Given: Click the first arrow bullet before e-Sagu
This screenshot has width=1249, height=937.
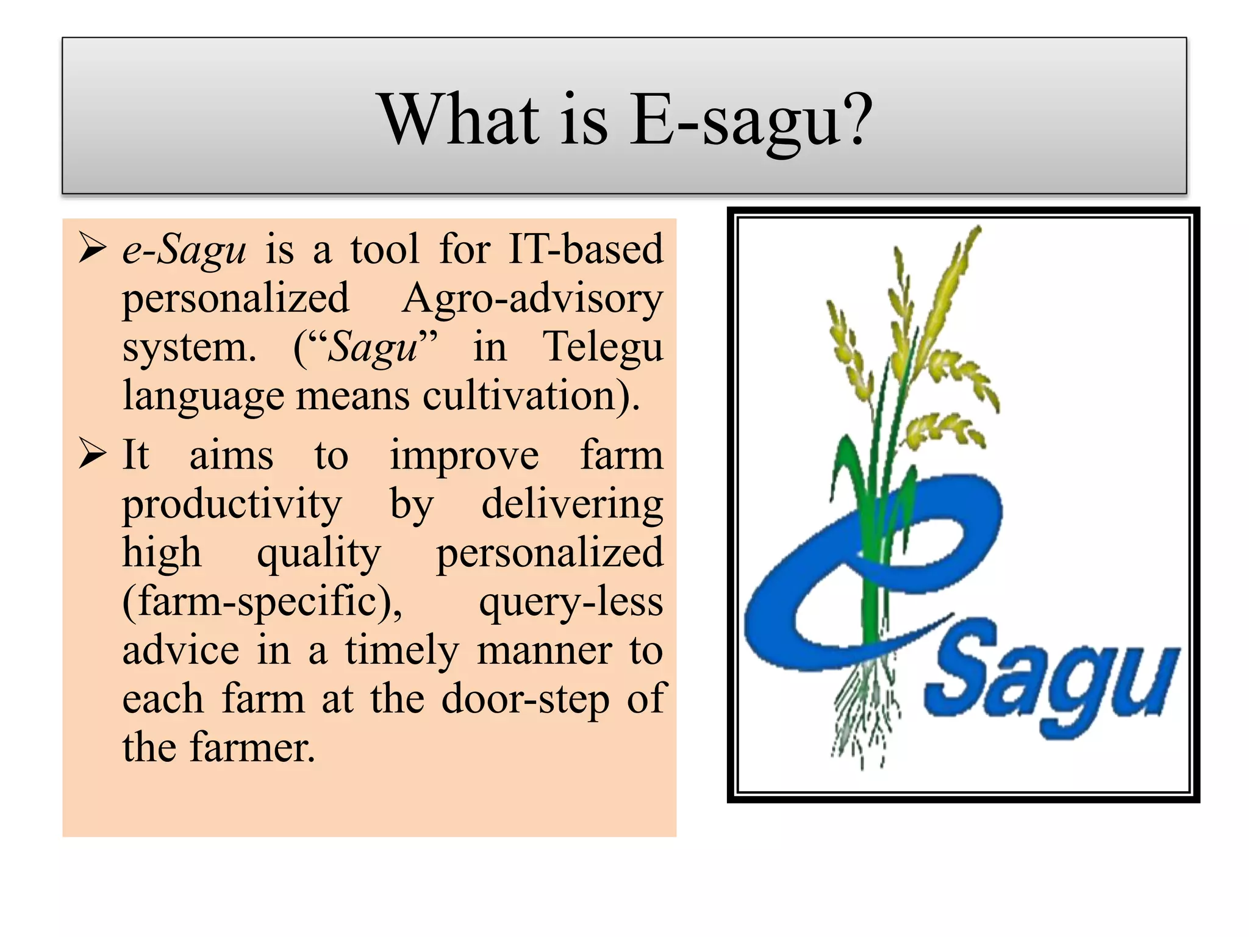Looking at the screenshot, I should (x=93, y=249).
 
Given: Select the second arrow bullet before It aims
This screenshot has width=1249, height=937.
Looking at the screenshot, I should (x=93, y=454).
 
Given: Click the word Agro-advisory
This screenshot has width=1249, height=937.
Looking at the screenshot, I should (x=532, y=299).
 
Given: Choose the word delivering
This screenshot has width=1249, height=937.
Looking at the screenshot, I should (x=572, y=505).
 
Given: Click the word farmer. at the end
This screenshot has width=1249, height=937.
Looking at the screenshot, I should (x=252, y=748).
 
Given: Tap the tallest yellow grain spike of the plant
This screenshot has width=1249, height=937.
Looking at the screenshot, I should (x=951, y=281).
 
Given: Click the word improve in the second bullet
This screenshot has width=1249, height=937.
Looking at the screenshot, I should (x=464, y=456).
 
